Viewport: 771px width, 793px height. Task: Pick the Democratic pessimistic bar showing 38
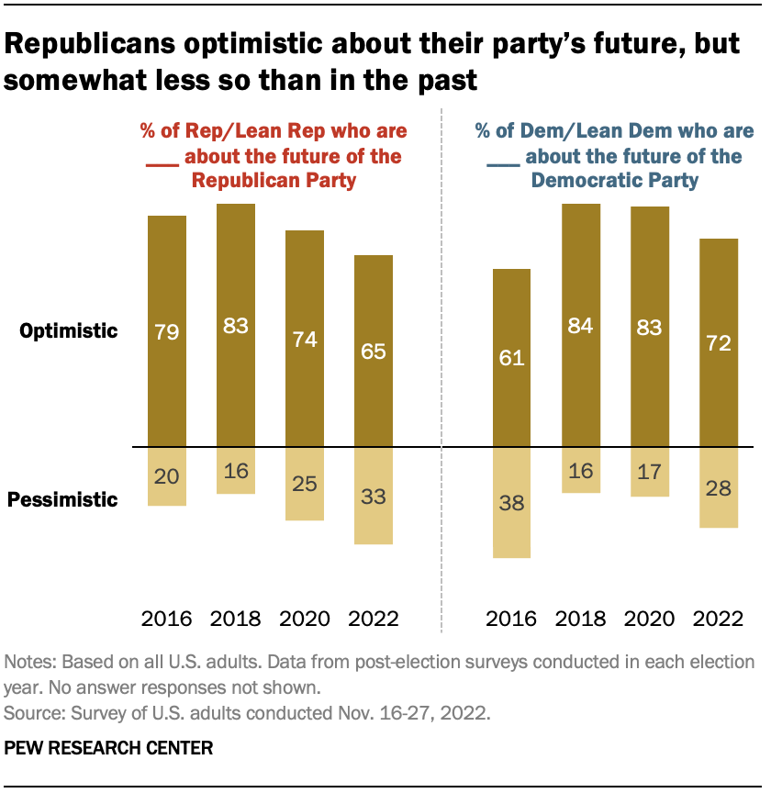512,502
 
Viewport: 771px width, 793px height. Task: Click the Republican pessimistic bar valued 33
374,496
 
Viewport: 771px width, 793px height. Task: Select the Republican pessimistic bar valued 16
236,471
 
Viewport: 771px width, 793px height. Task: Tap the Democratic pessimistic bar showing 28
719,487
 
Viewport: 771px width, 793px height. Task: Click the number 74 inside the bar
305,340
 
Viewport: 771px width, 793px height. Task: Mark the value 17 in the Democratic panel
650,471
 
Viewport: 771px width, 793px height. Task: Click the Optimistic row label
70,331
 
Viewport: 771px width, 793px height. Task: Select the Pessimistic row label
63,500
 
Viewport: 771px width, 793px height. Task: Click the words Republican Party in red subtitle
274,181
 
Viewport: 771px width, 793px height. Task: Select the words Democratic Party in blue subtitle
615,181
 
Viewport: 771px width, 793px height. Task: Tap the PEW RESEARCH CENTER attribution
108,748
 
